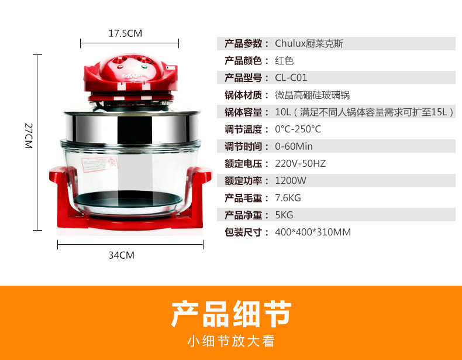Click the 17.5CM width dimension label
[x=125, y=33]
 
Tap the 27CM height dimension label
[x=29, y=136]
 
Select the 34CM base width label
[x=122, y=255]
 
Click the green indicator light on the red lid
[x=144, y=67]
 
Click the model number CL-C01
[x=291, y=78]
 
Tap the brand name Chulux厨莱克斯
[x=309, y=44]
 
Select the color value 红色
[x=284, y=61]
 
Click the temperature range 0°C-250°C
[x=298, y=129]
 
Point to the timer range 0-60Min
[x=294, y=146]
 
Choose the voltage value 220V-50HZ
[x=300, y=163]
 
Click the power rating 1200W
[x=291, y=180]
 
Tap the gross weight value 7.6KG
[x=288, y=198]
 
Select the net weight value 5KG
[x=284, y=215]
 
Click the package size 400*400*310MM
[x=313, y=232]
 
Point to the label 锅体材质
[x=243, y=95]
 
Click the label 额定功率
[x=243, y=180]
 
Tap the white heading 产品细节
[x=231, y=314]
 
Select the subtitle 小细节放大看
[x=231, y=341]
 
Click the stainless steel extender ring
[x=132, y=128]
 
